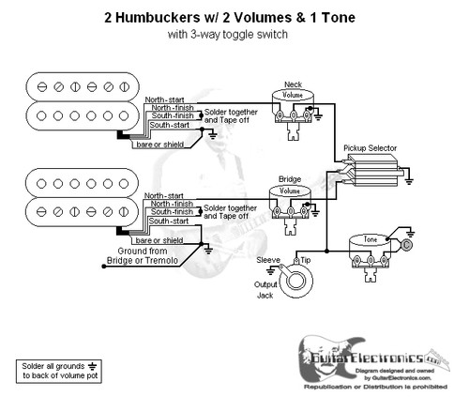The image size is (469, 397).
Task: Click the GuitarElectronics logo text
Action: pyautogui.click(x=375, y=357)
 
